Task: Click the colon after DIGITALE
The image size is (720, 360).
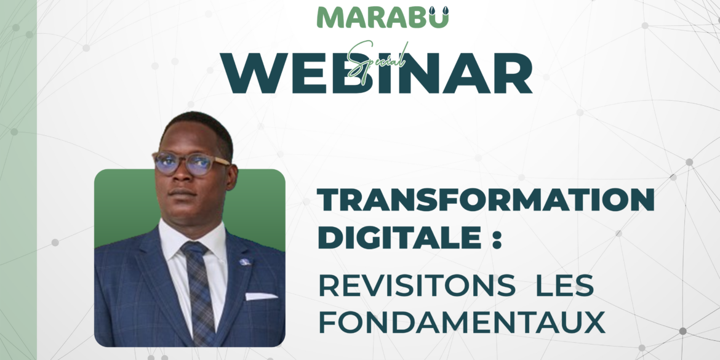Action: click(x=489, y=239)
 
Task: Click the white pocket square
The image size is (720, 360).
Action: click(x=261, y=296)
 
